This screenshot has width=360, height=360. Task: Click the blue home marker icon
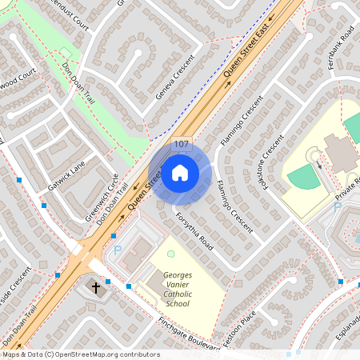[180, 172]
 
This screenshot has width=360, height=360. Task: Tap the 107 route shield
[181, 145]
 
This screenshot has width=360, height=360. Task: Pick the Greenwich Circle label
[102, 197]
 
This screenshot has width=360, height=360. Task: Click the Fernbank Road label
[346, 47]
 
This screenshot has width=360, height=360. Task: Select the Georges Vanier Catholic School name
[178, 288]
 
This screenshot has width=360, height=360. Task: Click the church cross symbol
[96, 286]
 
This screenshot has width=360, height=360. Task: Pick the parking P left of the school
[118, 250]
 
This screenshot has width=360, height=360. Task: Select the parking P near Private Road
[337, 207]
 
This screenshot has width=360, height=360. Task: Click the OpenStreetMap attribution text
[81, 354]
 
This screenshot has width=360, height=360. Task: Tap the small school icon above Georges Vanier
[170, 254]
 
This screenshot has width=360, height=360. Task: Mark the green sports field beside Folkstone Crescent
[305, 178]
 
